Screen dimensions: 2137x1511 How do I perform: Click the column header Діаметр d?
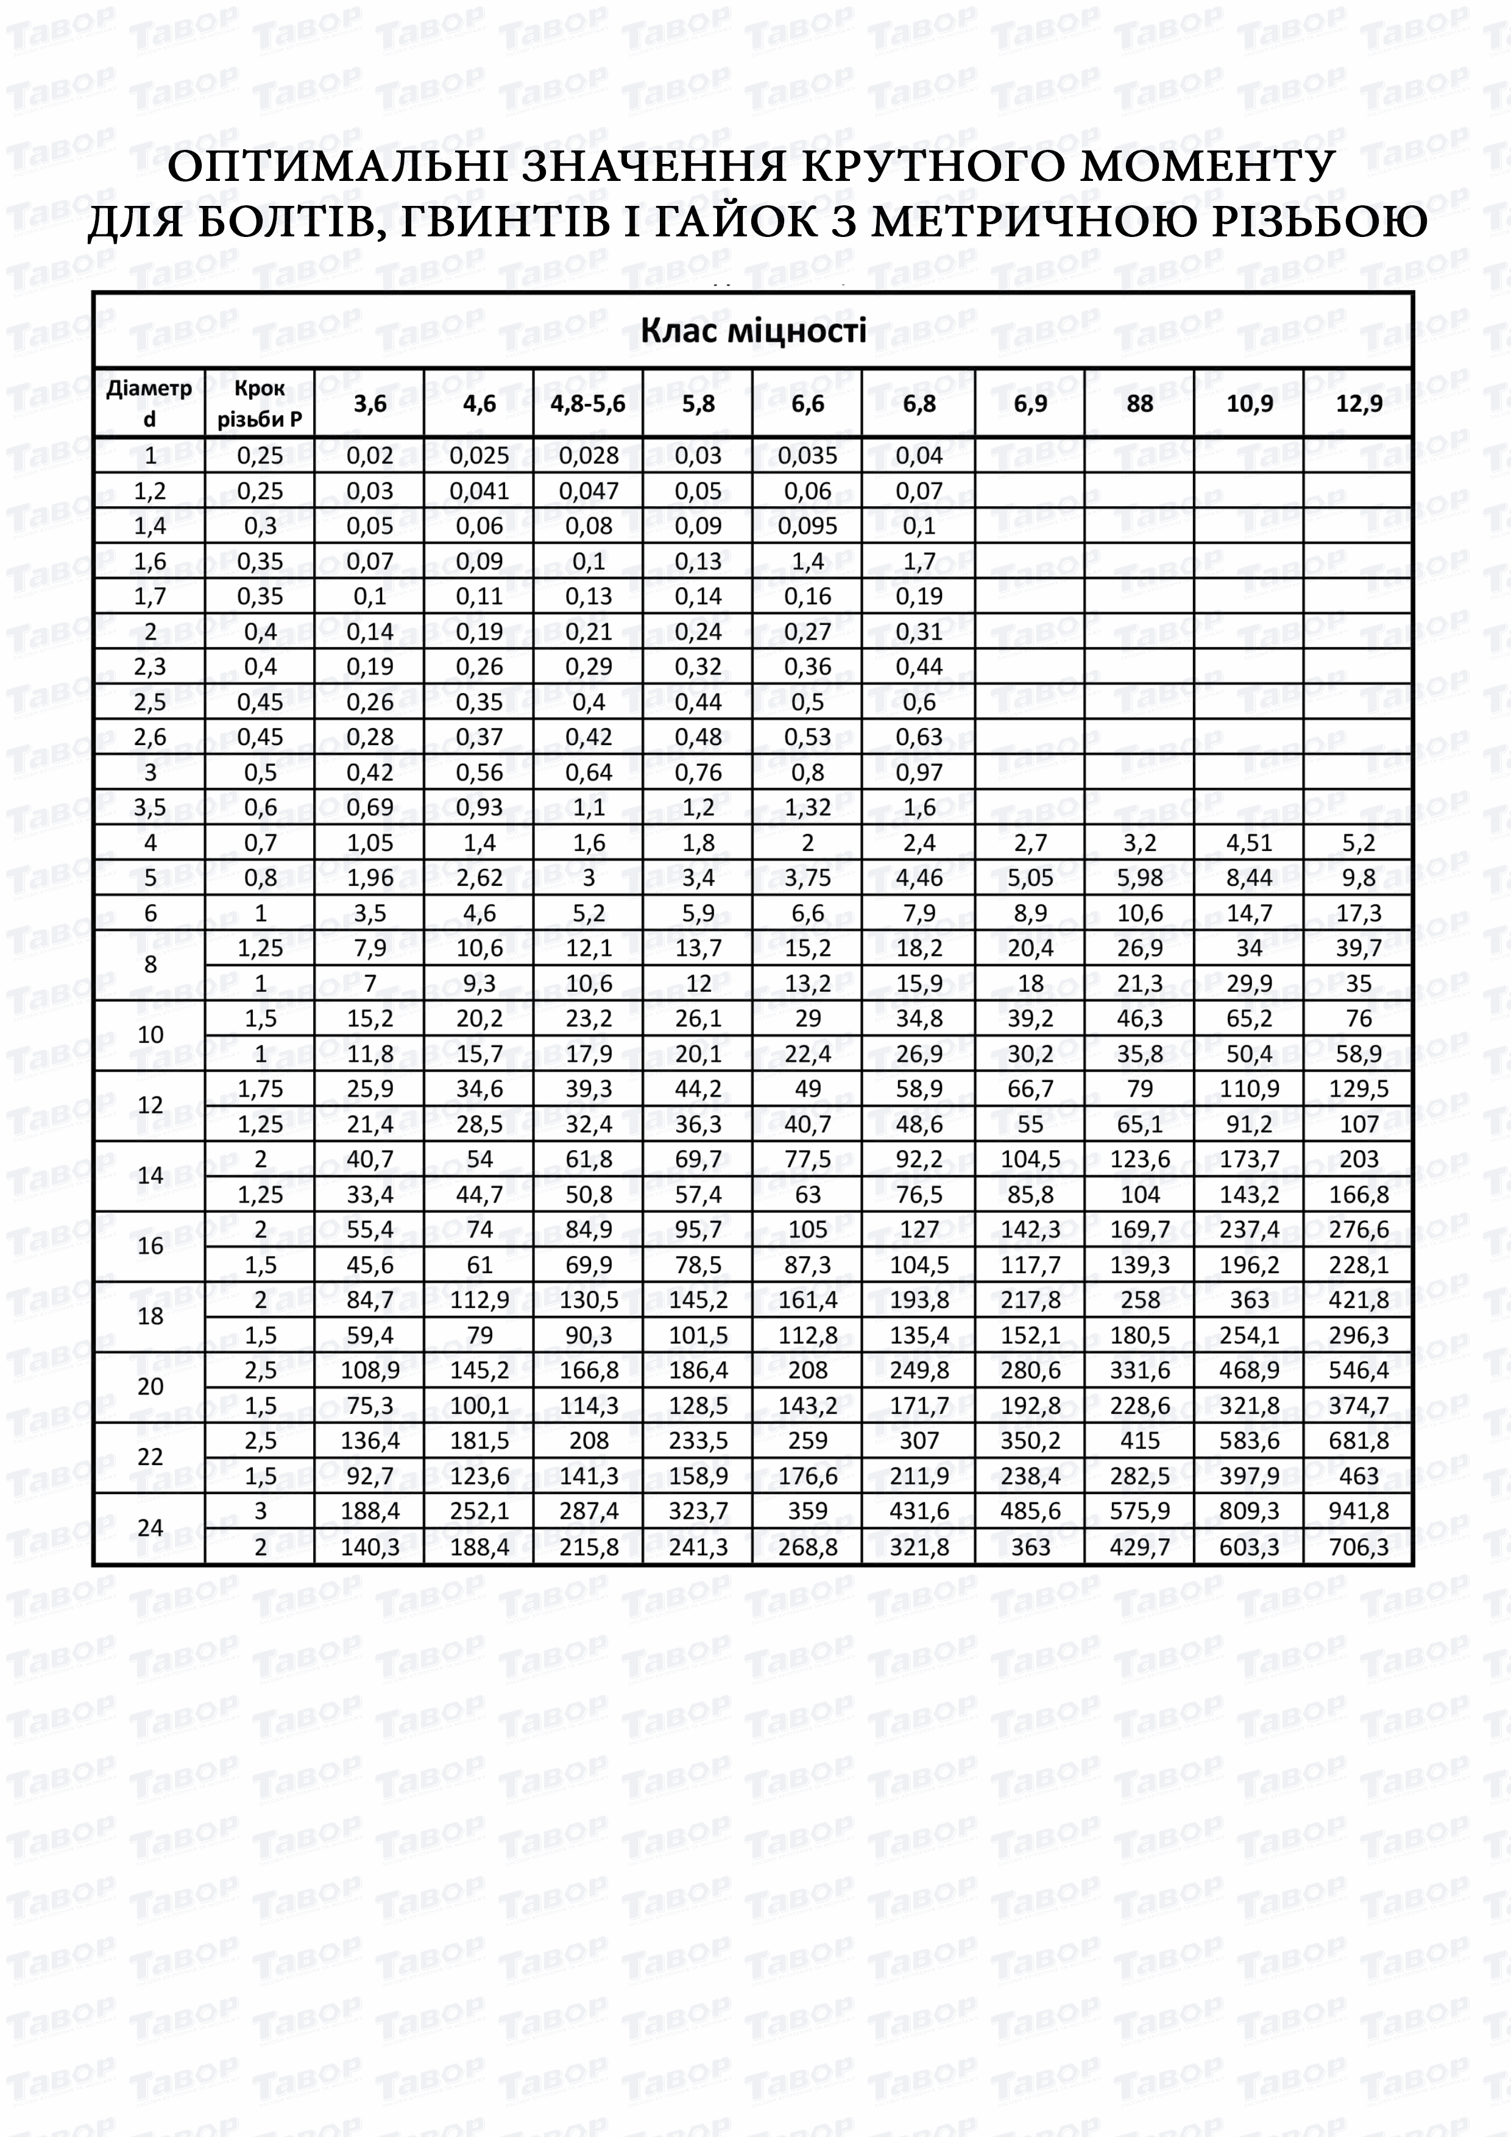pyautogui.click(x=149, y=403)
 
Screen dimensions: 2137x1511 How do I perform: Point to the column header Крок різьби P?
pyautogui.click(x=260, y=403)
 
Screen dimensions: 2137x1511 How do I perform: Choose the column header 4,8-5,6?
pyautogui.click(x=589, y=403)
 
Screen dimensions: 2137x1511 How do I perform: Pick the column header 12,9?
pyautogui.click(x=1358, y=403)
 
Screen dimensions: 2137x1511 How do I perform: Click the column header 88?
pyautogui.click(x=1139, y=403)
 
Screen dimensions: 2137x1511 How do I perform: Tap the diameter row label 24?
pyautogui.click(x=150, y=1527)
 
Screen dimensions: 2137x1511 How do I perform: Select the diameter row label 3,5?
pyautogui.click(x=150, y=807)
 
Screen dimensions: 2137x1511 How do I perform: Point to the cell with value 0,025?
pyautogui.click(x=479, y=455)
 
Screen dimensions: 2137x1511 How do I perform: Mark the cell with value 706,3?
pyautogui.click(x=1358, y=1547)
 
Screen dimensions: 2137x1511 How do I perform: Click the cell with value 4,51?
pyautogui.click(x=1248, y=842)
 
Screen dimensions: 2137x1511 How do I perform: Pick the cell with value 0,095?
pyautogui.click(x=807, y=526)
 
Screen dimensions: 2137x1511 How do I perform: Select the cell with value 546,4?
pyautogui.click(x=1358, y=1369)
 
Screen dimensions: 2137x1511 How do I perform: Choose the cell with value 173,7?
pyautogui.click(x=1248, y=1159)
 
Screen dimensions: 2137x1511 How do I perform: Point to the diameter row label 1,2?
pyautogui.click(x=150, y=490)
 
